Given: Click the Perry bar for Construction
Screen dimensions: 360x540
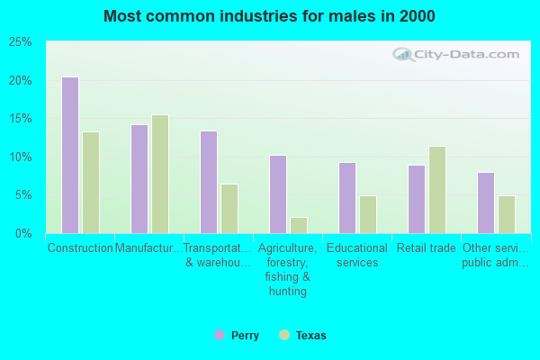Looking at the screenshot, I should click(69, 155).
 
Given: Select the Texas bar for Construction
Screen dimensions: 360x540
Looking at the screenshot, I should click(91, 183).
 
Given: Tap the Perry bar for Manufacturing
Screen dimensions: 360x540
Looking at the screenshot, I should click(139, 179).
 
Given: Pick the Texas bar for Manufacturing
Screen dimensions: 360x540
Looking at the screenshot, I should click(160, 174).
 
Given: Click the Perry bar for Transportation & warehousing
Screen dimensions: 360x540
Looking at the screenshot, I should click(208, 182).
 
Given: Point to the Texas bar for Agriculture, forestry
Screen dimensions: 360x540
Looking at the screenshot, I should click(299, 225).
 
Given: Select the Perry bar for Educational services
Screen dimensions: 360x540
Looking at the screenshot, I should click(346, 198).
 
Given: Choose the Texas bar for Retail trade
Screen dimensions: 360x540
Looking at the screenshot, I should click(437, 190).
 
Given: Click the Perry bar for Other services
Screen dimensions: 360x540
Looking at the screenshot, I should click(485, 202).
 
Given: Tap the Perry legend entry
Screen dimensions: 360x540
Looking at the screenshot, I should click(237, 336).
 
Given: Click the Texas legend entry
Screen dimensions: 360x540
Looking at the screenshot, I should click(302, 336).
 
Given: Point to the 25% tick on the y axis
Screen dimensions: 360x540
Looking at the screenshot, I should click(21, 42).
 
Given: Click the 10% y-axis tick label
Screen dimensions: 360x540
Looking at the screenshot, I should click(21, 157).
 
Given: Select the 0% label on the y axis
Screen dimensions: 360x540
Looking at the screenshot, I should click(24, 233).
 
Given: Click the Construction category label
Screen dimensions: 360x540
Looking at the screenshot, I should click(80, 248).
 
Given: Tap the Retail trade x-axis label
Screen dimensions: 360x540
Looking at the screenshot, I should click(427, 248).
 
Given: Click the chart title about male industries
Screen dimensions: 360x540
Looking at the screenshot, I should click(269, 16).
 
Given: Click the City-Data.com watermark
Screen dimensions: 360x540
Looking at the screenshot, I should click(460, 54).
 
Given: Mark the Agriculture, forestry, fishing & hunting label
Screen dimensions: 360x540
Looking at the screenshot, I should click(288, 270).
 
